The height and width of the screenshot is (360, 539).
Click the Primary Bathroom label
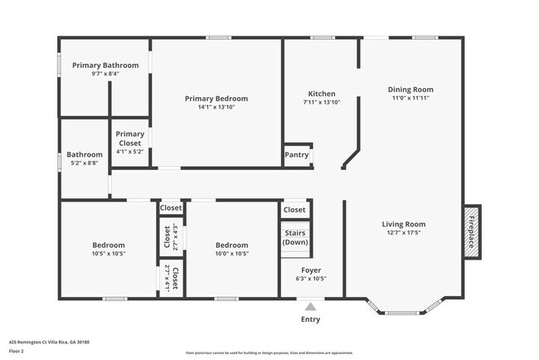[x=104, y=66]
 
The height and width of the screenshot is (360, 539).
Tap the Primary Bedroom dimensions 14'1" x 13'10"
[x=216, y=107]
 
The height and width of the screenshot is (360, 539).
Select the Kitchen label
[x=321, y=94]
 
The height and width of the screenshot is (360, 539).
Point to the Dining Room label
[x=410, y=90]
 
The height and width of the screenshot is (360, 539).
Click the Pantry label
[x=297, y=155]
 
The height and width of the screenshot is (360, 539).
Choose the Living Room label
[x=403, y=224]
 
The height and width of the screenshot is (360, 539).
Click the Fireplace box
[x=471, y=231]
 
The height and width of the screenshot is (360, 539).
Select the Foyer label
[x=311, y=270]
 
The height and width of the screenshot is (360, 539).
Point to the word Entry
[x=310, y=319]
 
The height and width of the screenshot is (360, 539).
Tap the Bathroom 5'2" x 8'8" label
[x=85, y=158]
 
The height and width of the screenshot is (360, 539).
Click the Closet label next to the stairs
[x=294, y=210]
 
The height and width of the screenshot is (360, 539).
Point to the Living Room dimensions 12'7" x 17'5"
[x=403, y=232]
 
